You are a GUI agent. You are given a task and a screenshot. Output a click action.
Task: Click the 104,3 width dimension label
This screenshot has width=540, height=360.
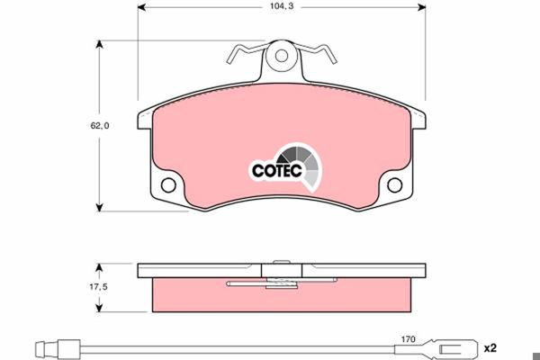point(282,6)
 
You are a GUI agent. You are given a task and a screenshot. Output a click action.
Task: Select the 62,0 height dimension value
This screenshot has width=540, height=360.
point(100,126)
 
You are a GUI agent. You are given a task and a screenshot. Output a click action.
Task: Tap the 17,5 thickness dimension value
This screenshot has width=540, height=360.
point(98,286)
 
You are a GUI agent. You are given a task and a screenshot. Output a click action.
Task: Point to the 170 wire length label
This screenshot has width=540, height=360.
point(408,339)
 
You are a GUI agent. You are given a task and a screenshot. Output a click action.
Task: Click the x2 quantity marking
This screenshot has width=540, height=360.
point(490,348)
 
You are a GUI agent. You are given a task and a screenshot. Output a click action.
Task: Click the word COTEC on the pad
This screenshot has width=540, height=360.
point(277,170)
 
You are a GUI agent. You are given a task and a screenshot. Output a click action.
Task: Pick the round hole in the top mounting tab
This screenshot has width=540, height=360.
point(282,56)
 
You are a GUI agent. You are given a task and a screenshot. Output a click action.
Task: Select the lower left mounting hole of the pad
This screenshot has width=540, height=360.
point(168,185)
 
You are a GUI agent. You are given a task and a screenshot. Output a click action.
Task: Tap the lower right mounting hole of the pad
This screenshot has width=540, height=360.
point(395,185)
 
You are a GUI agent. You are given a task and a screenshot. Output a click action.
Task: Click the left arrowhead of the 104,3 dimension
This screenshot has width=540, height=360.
point(141,7)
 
